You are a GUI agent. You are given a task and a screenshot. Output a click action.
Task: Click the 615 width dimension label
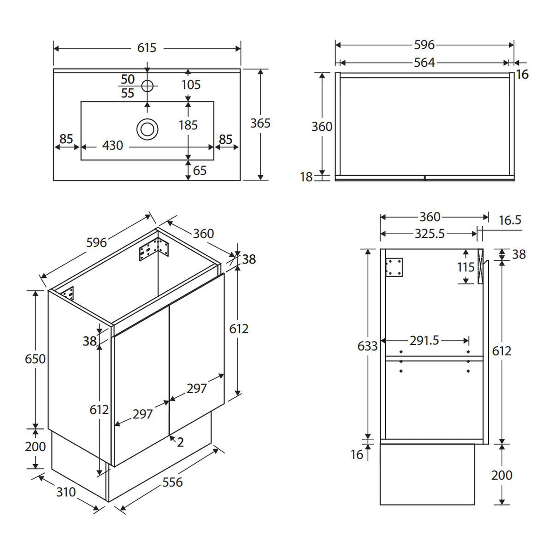point(147,47)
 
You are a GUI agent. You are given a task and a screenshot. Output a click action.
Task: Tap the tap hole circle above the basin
point(147,86)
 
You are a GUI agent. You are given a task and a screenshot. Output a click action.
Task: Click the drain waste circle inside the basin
point(147,129)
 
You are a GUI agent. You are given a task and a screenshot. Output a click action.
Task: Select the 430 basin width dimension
point(112,145)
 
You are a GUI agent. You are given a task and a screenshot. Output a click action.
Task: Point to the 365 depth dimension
point(260,123)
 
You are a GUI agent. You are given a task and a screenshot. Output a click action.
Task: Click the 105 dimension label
point(191,85)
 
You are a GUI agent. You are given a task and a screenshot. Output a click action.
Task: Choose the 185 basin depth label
point(188,125)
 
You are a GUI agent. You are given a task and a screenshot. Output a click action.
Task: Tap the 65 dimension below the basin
point(200,171)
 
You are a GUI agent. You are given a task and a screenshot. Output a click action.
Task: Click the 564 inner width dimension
point(424,63)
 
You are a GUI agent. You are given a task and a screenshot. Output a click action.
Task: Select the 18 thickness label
point(306,177)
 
